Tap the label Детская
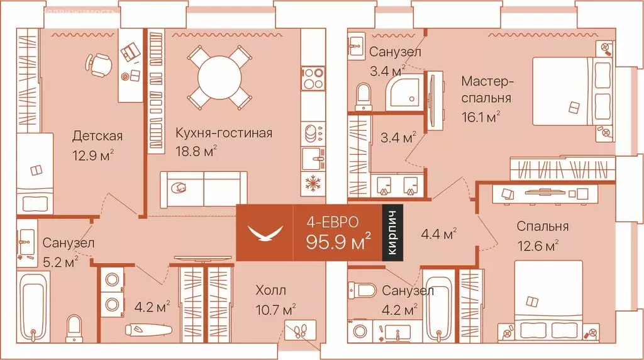tap(97, 136)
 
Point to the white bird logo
tap(264, 233)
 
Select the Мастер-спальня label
tap(487, 89)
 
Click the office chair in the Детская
tap(99, 62)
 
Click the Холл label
tap(270, 290)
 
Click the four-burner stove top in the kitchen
tap(312, 79)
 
